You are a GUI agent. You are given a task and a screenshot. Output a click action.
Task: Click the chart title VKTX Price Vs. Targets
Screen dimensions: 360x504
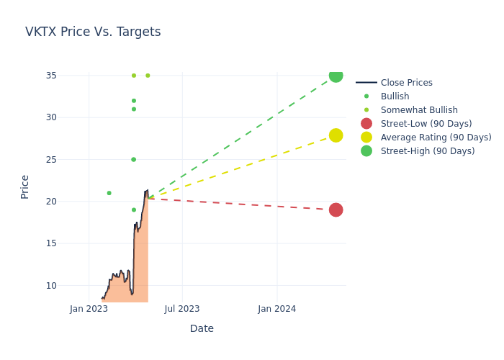pyautogui.click(x=93, y=32)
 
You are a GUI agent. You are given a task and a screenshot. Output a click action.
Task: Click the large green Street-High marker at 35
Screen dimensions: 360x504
pyautogui.click(x=336, y=76)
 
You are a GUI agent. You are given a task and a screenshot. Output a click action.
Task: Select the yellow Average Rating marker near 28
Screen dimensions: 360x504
pyautogui.click(x=336, y=135)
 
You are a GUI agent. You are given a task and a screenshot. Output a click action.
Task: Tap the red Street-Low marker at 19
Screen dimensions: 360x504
pyautogui.click(x=336, y=210)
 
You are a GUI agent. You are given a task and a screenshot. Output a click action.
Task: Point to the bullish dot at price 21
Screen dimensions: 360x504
pyautogui.click(x=109, y=193)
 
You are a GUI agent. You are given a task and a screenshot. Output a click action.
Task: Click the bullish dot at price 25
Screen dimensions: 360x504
pyautogui.click(x=133, y=160)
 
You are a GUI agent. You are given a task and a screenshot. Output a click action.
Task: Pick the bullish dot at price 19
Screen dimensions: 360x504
pyautogui.click(x=133, y=210)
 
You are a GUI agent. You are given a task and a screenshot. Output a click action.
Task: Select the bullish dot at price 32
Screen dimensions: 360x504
pyautogui.click(x=133, y=101)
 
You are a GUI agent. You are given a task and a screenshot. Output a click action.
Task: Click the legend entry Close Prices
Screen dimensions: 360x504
pyautogui.click(x=406, y=83)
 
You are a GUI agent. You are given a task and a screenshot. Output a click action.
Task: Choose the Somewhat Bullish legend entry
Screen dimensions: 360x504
pyautogui.click(x=419, y=110)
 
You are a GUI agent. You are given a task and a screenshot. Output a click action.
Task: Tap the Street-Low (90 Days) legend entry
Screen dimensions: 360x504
pyautogui.click(x=426, y=124)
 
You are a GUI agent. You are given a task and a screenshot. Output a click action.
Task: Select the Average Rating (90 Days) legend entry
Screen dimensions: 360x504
pyautogui.click(x=436, y=138)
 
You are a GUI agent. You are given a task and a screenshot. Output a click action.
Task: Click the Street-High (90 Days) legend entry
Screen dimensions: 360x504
pyautogui.click(x=428, y=151)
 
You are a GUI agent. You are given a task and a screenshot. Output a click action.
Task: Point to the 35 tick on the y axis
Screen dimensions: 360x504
pyautogui.click(x=50, y=76)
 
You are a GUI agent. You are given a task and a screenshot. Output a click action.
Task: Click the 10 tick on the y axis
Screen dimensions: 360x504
pyautogui.click(x=50, y=285)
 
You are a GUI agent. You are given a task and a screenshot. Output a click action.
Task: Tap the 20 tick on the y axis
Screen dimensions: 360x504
pyautogui.click(x=50, y=202)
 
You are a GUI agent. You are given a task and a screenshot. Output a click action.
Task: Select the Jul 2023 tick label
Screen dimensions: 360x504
pyautogui.click(x=182, y=309)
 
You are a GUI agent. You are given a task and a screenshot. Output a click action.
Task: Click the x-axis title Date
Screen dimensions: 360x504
pyautogui.click(x=202, y=328)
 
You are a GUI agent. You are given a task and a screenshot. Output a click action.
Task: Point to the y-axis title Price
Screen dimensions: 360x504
pyautogui.click(x=25, y=186)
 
